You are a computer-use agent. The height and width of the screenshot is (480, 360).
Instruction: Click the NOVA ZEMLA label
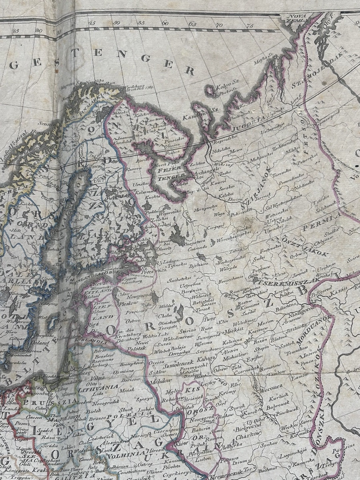coord(294,17)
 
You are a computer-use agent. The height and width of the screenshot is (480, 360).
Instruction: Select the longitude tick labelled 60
coord(165,23)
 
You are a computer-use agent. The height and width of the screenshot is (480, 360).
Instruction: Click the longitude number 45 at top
coord(92,23)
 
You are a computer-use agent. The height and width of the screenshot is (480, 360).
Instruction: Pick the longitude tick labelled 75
coord(250,26)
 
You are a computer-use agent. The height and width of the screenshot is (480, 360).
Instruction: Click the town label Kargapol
coord(215,226)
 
